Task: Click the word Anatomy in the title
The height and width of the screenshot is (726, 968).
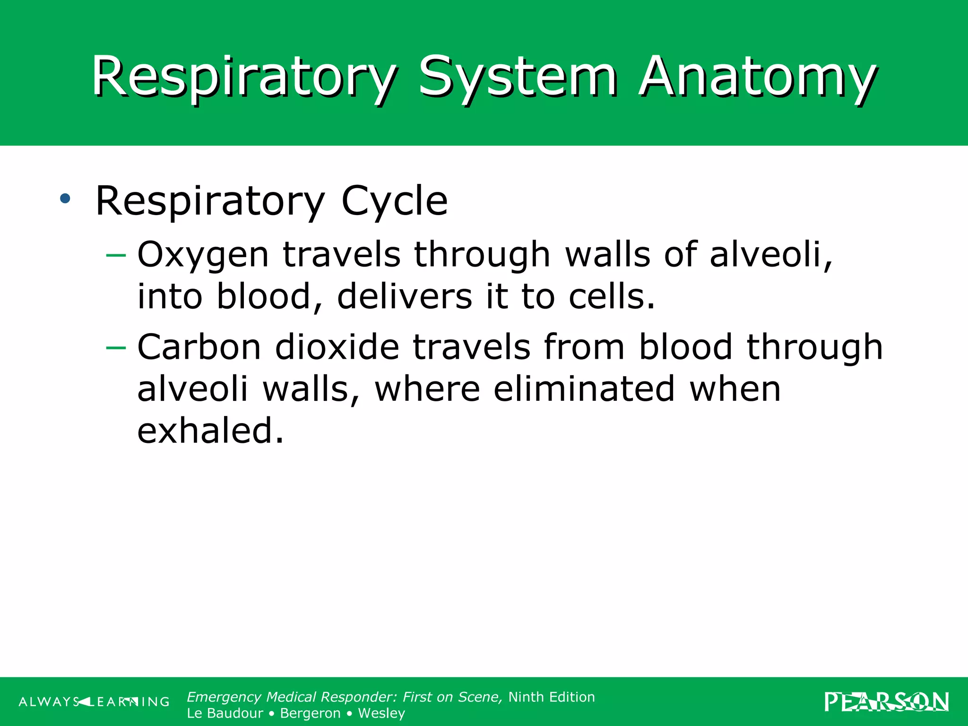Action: [757, 77]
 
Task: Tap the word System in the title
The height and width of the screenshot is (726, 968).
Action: [518, 77]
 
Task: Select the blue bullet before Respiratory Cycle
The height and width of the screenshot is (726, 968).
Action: [65, 199]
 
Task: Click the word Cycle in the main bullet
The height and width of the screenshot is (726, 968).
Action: [394, 201]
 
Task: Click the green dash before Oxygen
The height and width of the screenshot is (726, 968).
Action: [116, 256]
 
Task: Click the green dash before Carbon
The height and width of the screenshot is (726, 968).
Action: [116, 348]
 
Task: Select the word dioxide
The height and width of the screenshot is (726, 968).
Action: [337, 347]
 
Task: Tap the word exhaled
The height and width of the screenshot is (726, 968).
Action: [210, 431]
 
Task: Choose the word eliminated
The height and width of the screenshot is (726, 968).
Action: [584, 389]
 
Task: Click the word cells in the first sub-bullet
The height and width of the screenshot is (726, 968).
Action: [612, 296]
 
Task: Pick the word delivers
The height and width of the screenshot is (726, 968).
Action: [405, 296]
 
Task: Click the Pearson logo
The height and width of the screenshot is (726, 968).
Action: [887, 701]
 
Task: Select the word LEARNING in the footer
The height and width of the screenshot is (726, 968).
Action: [128, 702]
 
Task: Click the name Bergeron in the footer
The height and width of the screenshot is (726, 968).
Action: [310, 713]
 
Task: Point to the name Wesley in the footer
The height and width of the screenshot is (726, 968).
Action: [381, 713]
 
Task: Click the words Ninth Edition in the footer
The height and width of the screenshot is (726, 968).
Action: [552, 697]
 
